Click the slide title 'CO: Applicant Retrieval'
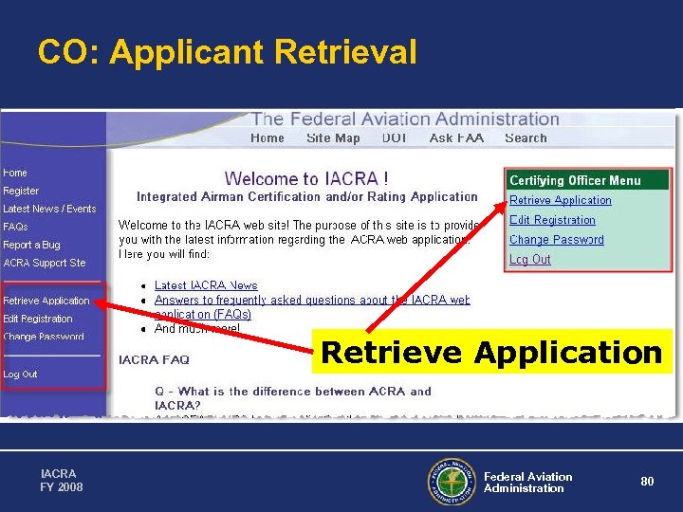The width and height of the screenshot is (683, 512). (x=227, y=52)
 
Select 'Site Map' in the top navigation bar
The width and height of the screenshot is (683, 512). (x=333, y=138)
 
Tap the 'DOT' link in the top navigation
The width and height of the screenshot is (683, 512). (x=395, y=138)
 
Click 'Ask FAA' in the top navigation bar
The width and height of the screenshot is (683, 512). (x=456, y=138)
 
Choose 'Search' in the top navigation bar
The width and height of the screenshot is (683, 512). (x=526, y=138)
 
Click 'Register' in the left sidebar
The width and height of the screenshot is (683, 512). (x=21, y=191)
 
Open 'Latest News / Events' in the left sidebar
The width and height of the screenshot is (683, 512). (x=49, y=209)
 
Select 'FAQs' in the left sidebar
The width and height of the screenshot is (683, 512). (x=15, y=227)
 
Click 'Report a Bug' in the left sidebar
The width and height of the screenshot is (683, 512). (x=31, y=245)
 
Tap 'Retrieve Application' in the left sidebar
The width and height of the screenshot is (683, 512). (x=46, y=301)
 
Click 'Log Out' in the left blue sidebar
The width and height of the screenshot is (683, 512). (x=20, y=374)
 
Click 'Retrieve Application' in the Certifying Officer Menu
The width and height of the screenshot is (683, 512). (x=560, y=200)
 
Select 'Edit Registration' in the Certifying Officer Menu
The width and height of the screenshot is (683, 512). (x=552, y=220)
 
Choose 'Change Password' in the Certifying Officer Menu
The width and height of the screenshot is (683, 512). (x=556, y=240)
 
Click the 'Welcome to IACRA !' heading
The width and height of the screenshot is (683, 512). (x=305, y=178)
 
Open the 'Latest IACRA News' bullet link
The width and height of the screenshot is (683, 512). (x=206, y=285)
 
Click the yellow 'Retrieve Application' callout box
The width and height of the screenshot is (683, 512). (x=491, y=353)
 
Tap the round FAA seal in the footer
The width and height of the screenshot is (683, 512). (x=452, y=482)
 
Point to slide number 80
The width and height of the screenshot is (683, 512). (x=647, y=482)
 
